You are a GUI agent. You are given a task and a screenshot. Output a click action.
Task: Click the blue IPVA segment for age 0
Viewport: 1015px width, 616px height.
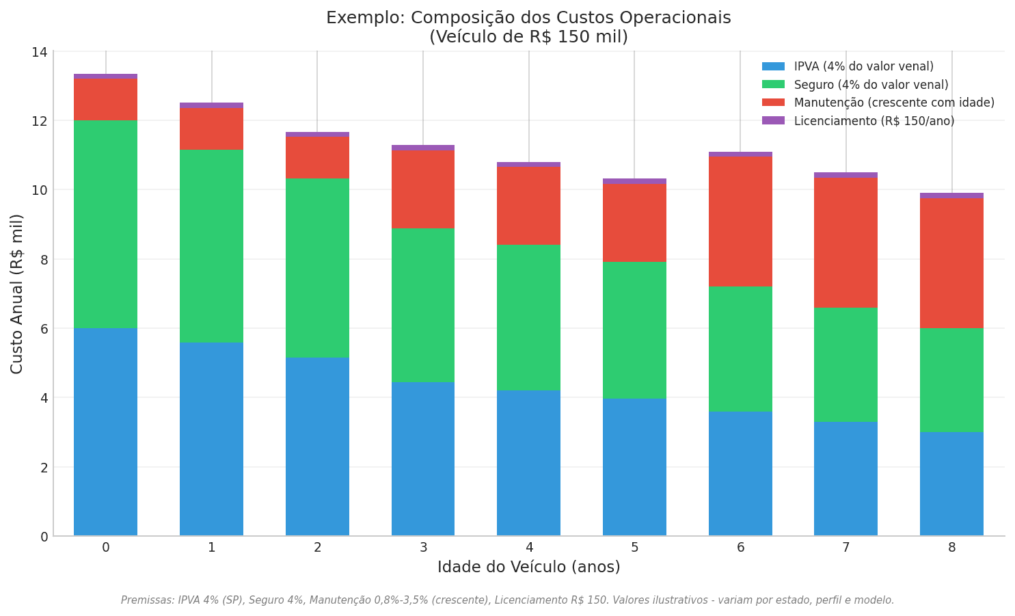tap(105, 431)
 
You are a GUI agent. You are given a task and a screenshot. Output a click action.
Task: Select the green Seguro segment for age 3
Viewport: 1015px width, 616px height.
tap(422, 305)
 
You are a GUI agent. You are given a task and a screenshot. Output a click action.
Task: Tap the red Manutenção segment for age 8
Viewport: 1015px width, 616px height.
tap(951, 263)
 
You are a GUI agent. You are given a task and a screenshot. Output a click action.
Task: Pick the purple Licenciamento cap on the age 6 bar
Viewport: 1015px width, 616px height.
tap(740, 155)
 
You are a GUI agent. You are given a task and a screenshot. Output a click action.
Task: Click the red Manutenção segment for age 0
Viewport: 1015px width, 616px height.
tap(105, 100)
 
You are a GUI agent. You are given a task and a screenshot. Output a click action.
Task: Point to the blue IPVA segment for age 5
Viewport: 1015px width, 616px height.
tap(634, 467)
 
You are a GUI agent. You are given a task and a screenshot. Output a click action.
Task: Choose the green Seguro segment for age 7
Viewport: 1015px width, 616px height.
tap(845, 364)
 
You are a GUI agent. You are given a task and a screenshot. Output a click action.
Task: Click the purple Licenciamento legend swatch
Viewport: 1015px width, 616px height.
tap(773, 121)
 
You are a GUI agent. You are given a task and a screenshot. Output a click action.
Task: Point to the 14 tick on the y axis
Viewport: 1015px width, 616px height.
tap(40, 52)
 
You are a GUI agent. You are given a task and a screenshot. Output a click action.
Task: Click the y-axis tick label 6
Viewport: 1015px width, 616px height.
tap(44, 329)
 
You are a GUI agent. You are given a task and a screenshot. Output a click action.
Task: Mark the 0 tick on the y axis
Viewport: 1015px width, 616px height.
tap(44, 537)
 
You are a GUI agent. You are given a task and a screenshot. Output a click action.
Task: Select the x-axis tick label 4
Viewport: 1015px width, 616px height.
tap(529, 548)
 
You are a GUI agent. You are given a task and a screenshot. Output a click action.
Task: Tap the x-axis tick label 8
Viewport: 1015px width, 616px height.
tap(951, 548)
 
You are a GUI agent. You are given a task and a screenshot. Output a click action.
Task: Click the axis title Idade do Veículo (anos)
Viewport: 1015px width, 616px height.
tap(528, 567)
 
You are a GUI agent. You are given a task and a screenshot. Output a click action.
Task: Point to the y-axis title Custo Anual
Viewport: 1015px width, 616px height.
tap(17, 294)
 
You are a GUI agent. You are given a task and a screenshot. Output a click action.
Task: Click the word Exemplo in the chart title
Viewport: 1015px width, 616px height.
tap(361, 18)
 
